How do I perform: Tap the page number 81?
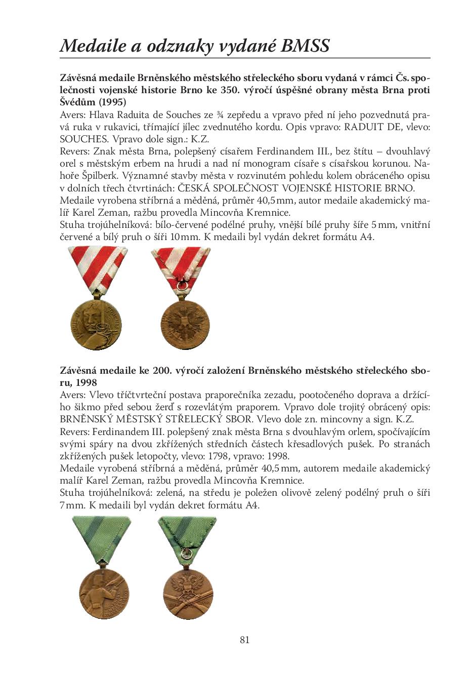point(244,640)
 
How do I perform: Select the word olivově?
point(296,493)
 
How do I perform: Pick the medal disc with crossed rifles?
point(187,592)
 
